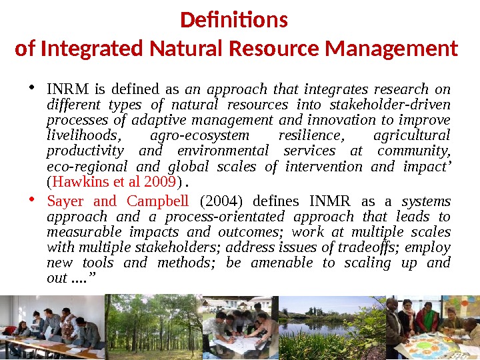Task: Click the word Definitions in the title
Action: click(x=234, y=21)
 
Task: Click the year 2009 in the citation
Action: click(x=161, y=181)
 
